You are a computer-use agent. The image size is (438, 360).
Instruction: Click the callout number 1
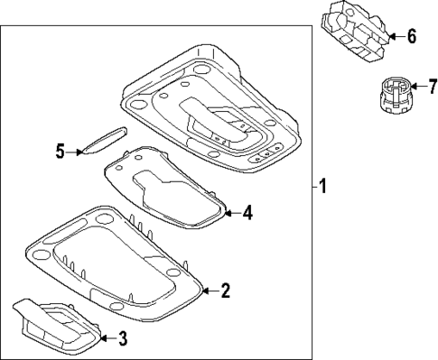point(322,188)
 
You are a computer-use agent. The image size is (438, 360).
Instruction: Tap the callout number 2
point(226,291)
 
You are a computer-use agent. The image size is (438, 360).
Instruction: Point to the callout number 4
point(247,214)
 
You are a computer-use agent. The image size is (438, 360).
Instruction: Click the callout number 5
point(61,151)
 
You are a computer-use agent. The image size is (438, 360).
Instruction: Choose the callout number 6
point(411,37)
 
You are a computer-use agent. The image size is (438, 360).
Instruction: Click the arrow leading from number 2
point(209,291)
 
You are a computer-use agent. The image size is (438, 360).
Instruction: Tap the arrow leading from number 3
point(107,338)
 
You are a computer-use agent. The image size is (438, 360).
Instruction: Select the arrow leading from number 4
point(230,214)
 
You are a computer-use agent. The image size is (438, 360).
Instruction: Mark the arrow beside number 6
point(395,37)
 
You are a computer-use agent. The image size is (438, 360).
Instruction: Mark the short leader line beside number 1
point(311,188)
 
